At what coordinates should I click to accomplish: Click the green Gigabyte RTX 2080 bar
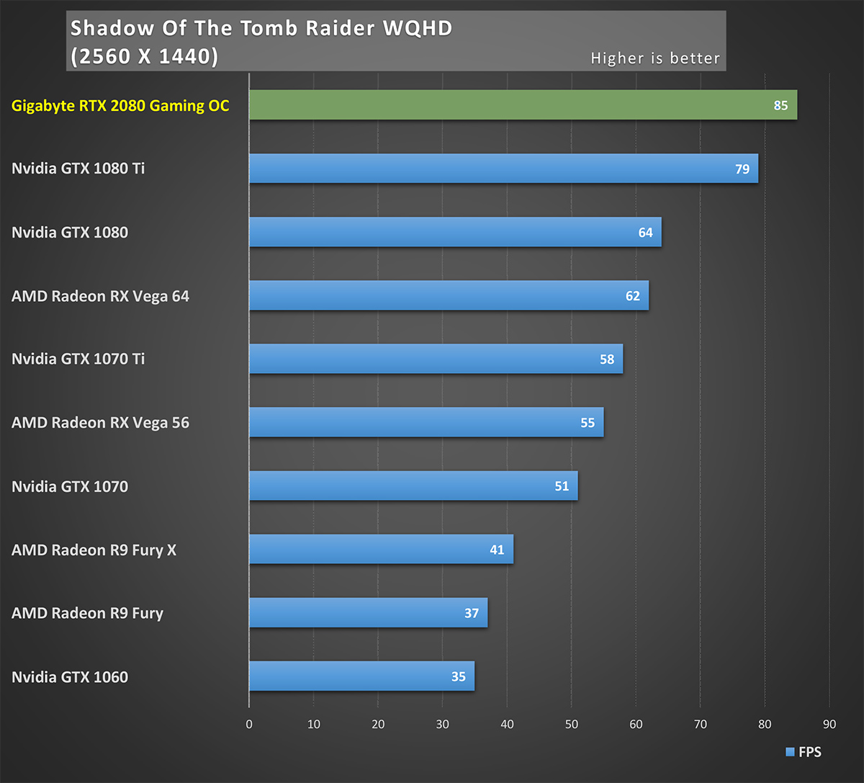tap(523, 105)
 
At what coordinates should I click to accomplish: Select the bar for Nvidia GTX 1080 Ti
tap(503, 169)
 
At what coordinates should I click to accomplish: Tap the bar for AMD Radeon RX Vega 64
tap(449, 295)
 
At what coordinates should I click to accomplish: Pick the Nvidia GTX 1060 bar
tap(361, 676)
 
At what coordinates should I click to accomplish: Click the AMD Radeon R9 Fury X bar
tap(381, 550)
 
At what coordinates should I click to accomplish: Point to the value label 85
tap(780, 106)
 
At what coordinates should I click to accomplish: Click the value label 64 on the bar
tap(645, 233)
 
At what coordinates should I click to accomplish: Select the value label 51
tap(562, 486)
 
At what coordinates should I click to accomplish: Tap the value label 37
tap(472, 613)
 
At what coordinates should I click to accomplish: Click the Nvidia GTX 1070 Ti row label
tap(78, 359)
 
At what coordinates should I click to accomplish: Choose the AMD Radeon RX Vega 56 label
tap(100, 423)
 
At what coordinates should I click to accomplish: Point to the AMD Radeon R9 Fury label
tap(87, 614)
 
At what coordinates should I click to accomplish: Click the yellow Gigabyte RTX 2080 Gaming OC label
tap(120, 106)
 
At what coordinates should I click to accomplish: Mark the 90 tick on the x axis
tap(829, 725)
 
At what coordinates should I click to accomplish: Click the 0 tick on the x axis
tap(249, 725)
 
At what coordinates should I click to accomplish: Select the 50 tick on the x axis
tap(572, 725)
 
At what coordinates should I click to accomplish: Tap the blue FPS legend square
tap(790, 752)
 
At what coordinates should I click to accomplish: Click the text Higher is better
tap(655, 58)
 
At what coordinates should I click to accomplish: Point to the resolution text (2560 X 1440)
tap(144, 56)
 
